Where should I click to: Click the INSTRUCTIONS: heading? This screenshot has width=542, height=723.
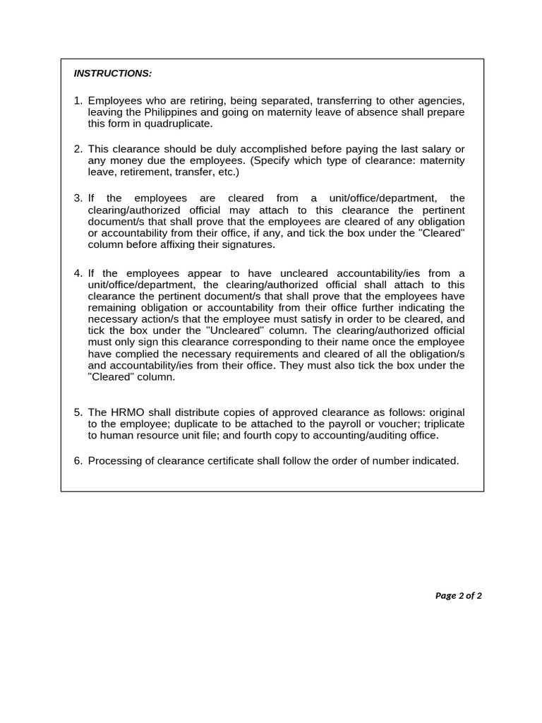coord(112,73)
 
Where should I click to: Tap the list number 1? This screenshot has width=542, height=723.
coord(78,101)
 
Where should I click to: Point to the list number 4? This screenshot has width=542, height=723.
coord(78,273)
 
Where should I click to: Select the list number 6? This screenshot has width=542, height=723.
coord(78,461)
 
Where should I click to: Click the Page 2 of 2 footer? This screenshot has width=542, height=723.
coord(458,595)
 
